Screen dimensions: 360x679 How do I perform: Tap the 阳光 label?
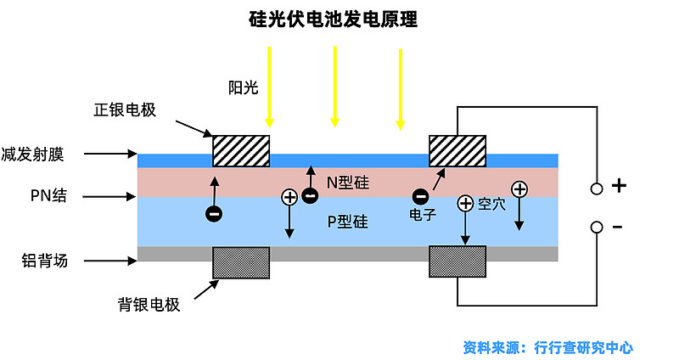click(243, 87)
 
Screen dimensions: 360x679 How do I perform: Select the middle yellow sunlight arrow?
click(335, 86)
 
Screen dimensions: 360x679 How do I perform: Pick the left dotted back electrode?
click(241, 262)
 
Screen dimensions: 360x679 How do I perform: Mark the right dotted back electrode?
click(458, 262)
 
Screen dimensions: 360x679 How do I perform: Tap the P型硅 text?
click(348, 222)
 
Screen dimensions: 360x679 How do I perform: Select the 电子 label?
click(422, 216)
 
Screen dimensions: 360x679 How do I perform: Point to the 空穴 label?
click(492, 204)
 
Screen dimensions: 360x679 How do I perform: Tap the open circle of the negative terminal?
click(597, 228)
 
